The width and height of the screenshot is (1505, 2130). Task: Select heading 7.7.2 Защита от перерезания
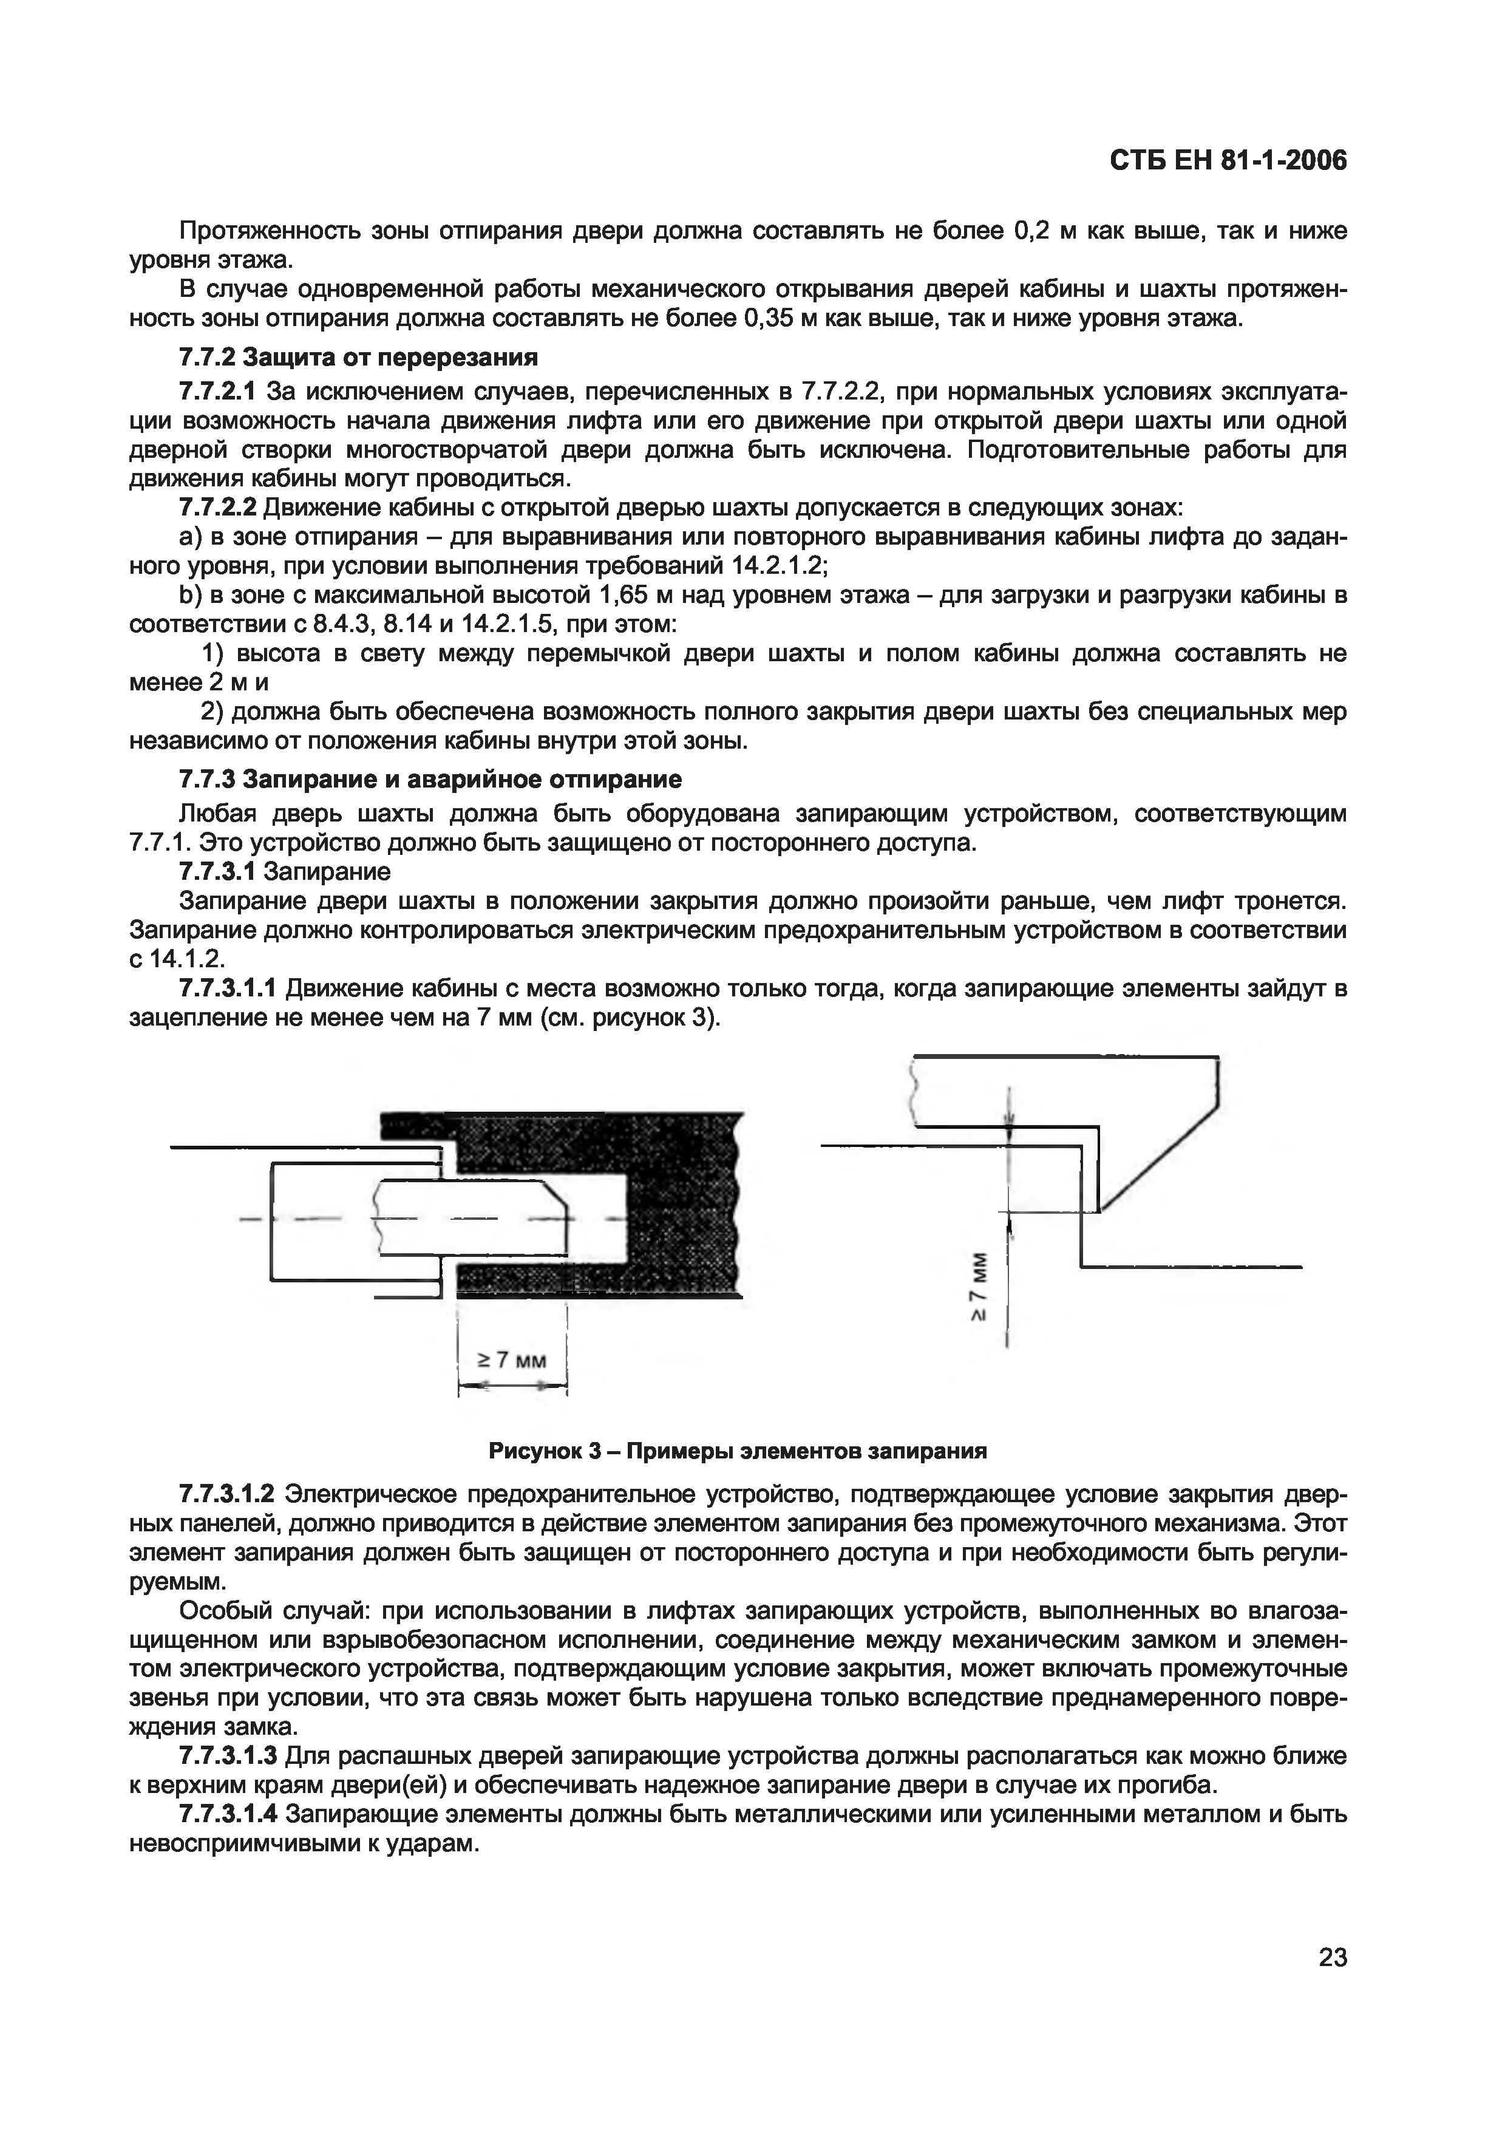click(358, 357)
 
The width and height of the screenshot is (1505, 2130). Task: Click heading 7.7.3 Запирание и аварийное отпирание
click(430, 778)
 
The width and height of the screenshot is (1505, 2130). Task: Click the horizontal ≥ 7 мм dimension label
click(512, 1360)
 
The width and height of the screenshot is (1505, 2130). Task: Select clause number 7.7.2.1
click(218, 392)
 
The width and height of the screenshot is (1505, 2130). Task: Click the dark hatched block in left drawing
click(686, 1206)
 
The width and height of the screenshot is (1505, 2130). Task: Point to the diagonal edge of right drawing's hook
click(1159, 1160)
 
